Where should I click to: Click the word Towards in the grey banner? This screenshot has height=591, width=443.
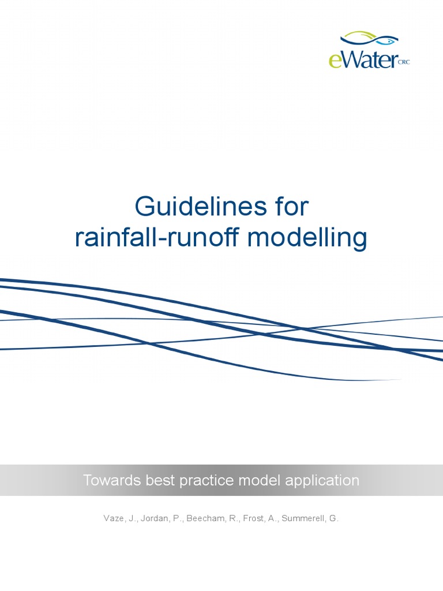tap(108, 480)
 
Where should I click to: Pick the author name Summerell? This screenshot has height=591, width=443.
tap(301, 518)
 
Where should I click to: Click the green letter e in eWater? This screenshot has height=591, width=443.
tap(335, 59)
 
